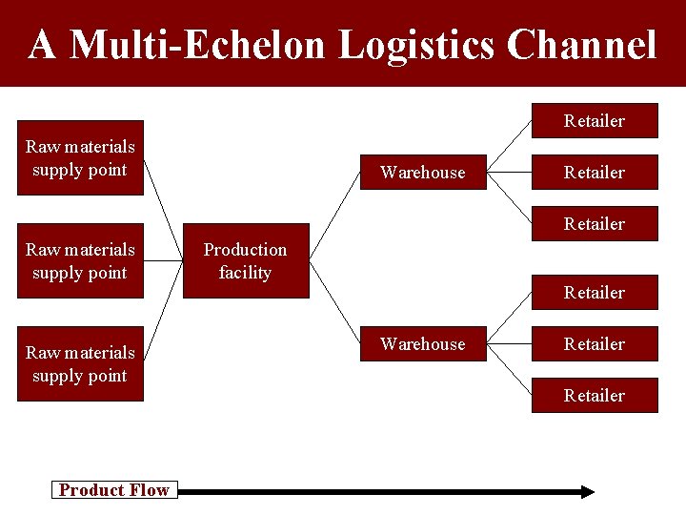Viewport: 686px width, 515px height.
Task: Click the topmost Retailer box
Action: click(595, 121)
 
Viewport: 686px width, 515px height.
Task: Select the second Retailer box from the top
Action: click(595, 173)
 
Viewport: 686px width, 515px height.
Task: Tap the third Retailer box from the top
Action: click(595, 224)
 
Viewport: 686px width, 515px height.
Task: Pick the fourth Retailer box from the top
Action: click(595, 293)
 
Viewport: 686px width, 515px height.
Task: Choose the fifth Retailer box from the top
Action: click(595, 344)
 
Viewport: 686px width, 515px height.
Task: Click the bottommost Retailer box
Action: click(595, 396)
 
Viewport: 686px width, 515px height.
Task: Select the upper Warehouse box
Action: click(423, 173)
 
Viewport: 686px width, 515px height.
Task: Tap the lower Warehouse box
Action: click(423, 344)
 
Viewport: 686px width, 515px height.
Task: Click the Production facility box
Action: click(246, 261)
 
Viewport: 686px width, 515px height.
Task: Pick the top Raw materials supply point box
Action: click(80, 158)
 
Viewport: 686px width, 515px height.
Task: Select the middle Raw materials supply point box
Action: click(80, 261)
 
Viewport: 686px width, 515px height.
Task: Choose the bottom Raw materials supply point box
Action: click(80, 364)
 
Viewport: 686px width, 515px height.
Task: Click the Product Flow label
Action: click(113, 490)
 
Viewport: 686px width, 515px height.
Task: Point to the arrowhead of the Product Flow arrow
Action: click(588, 491)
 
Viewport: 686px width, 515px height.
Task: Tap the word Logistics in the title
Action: click(416, 45)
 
